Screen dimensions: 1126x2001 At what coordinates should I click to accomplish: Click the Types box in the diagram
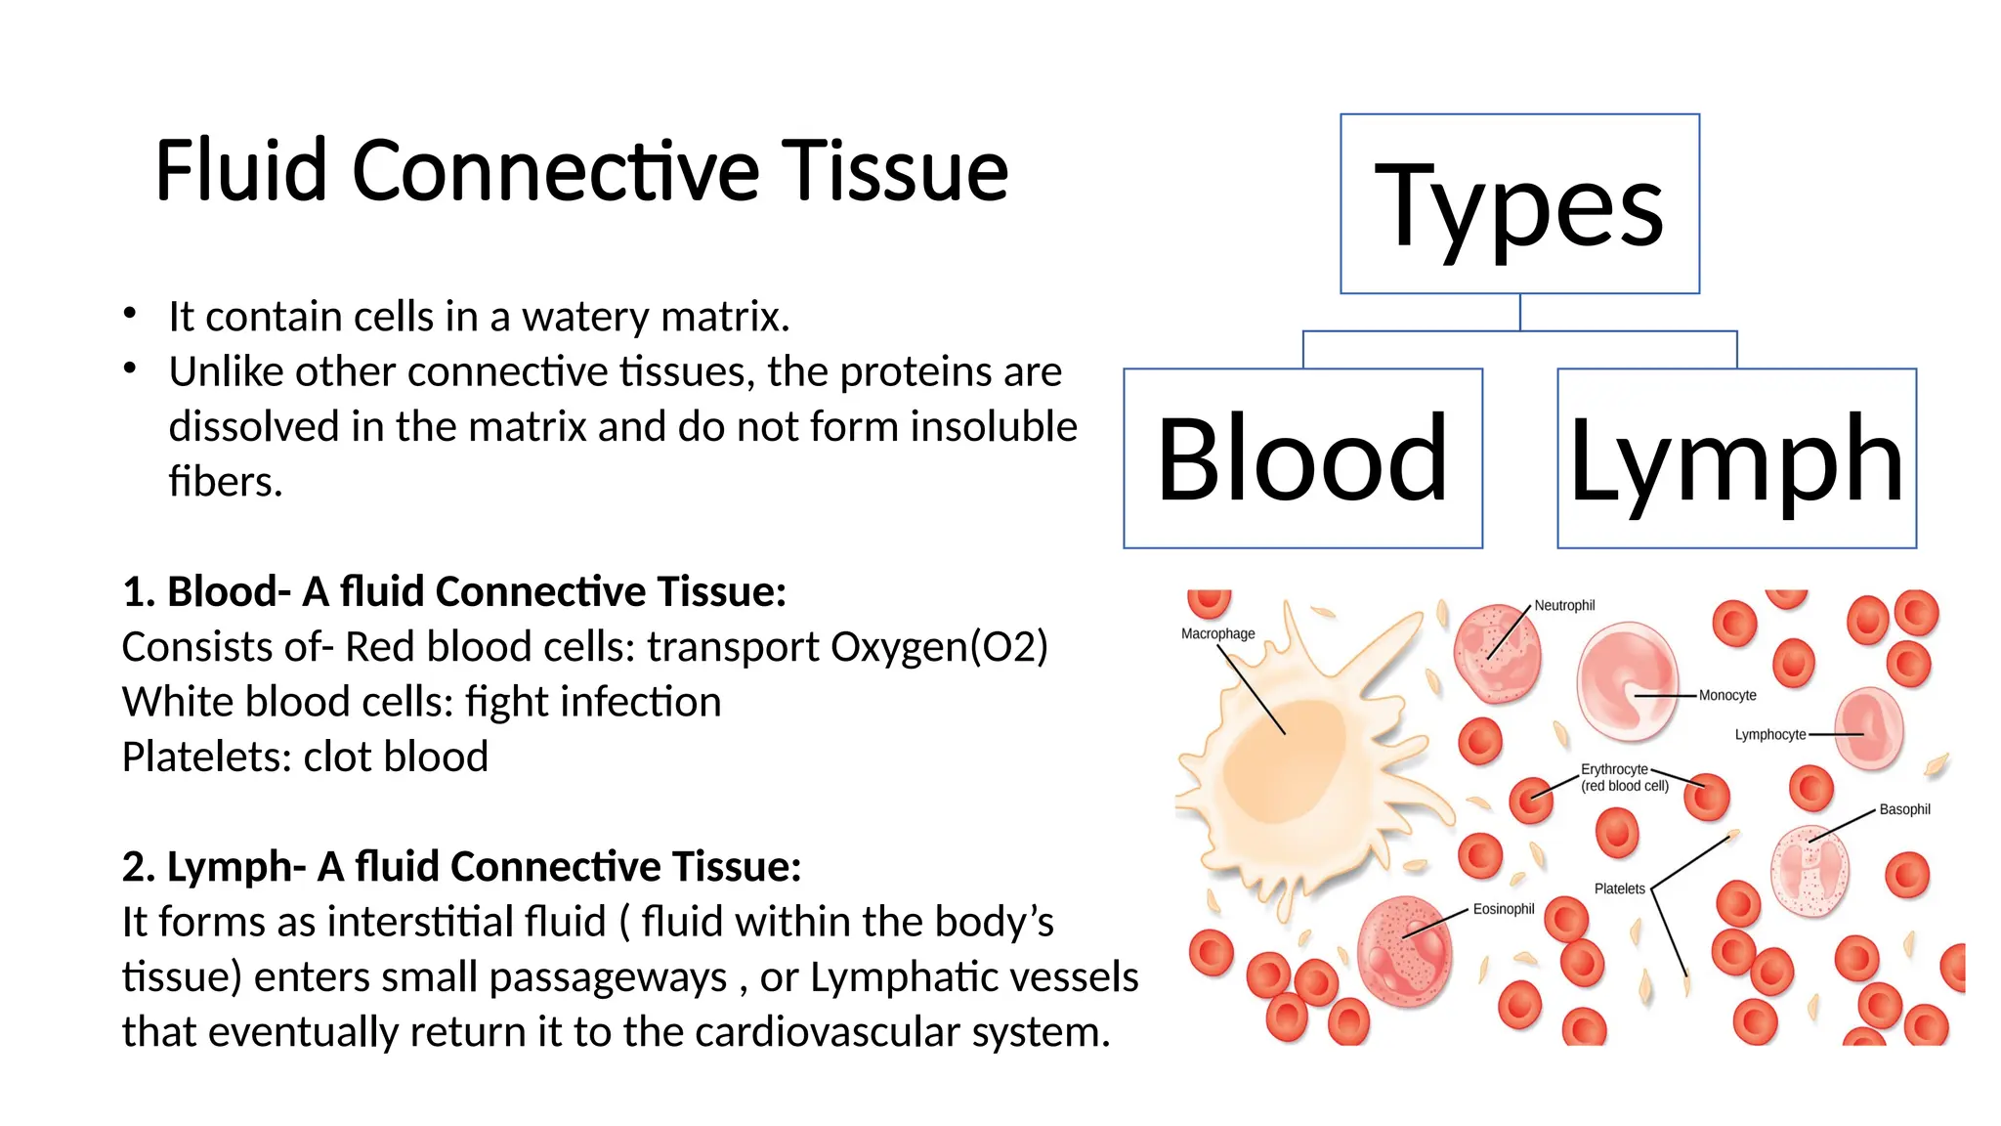point(1519,203)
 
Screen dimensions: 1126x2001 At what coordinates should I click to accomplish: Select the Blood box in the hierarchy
point(1302,457)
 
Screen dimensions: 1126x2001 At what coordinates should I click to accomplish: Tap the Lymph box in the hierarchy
point(1736,457)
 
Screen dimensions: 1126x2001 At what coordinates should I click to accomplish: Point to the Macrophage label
point(1217,633)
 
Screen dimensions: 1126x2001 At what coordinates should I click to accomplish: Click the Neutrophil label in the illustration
point(1564,605)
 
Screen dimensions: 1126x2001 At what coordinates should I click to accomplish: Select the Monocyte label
point(1727,695)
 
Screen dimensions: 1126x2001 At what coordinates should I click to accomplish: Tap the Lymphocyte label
point(1769,734)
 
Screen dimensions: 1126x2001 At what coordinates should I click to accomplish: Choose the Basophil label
point(1904,809)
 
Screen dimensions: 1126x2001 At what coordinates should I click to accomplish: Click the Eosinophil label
point(1504,909)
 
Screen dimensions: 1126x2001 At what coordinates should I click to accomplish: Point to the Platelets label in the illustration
point(1619,888)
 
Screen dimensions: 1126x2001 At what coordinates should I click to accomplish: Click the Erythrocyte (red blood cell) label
point(1624,777)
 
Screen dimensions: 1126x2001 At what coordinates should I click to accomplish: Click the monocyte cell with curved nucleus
point(1626,682)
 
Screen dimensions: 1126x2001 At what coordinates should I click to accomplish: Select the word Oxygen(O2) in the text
point(939,647)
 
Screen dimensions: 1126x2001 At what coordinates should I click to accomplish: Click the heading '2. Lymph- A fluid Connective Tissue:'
point(461,867)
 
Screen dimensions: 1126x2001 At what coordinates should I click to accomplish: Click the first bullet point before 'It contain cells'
point(130,314)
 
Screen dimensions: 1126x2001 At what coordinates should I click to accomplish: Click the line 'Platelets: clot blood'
point(305,758)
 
